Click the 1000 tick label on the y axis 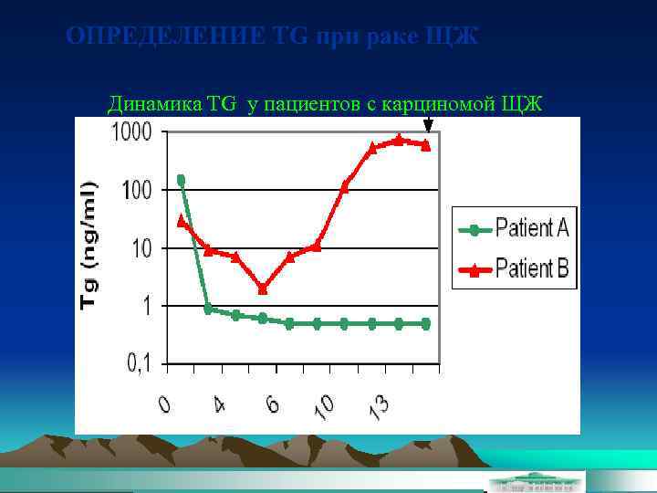pyautogui.click(x=131, y=132)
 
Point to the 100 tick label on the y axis pyautogui.click(x=136, y=190)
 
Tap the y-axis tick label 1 pyautogui.click(x=146, y=306)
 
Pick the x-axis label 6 pyautogui.click(x=272, y=403)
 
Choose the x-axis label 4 pyautogui.click(x=219, y=403)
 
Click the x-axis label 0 pyautogui.click(x=164, y=403)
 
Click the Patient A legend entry pyautogui.click(x=515, y=227)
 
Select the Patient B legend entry pyautogui.click(x=515, y=268)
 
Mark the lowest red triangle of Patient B pyautogui.click(x=263, y=288)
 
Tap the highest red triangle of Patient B pyautogui.click(x=399, y=140)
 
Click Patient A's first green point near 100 pyautogui.click(x=181, y=180)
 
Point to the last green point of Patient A pyautogui.click(x=426, y=323)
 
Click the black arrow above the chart pyautogui.click(x=428, y=123)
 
